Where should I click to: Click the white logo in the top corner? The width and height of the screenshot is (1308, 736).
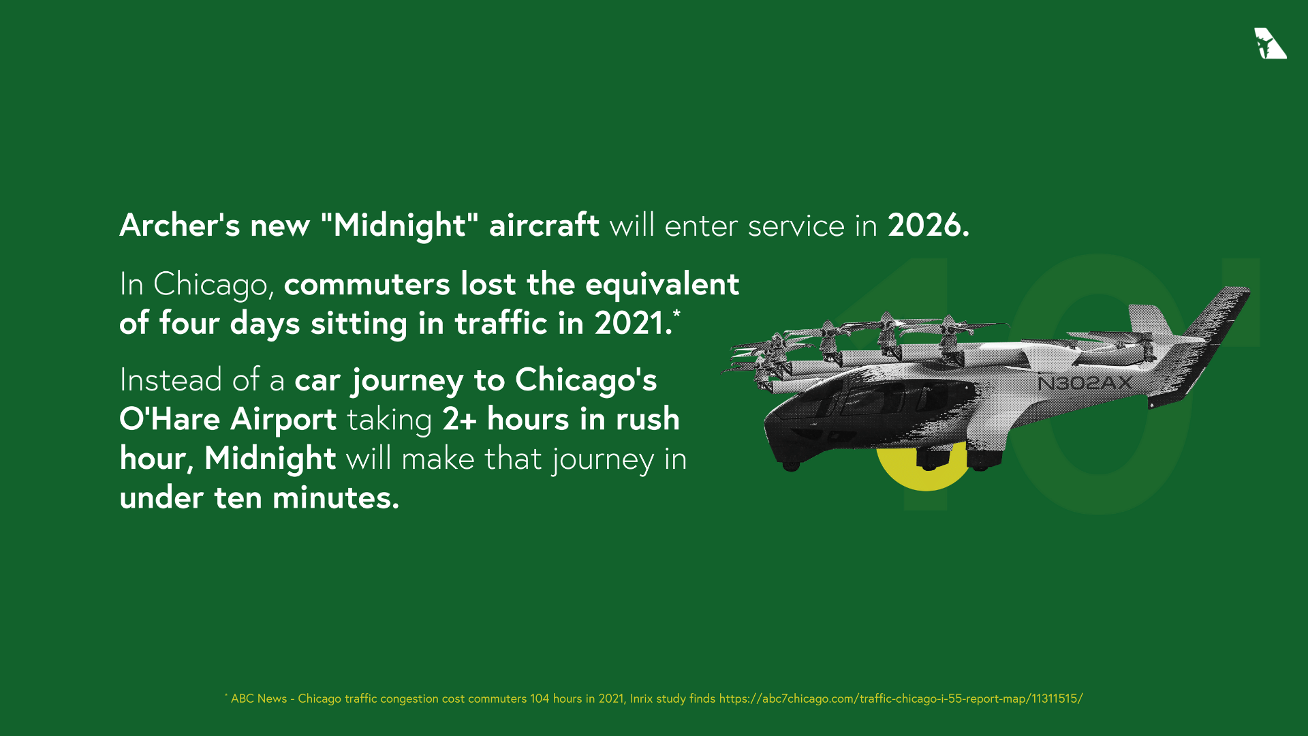pos(1269,44)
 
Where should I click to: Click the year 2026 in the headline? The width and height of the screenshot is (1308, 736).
pos(927,226)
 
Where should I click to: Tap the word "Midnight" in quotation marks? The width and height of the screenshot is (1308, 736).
pos(399,226)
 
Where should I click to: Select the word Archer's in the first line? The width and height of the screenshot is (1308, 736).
pos(180,226)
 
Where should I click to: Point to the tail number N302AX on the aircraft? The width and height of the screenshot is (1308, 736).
pos(1085,384)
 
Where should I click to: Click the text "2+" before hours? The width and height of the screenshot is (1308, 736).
pos(459,419)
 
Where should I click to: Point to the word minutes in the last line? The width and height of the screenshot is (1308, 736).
pos(335,498)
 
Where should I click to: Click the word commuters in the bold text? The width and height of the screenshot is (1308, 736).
pos(367,284)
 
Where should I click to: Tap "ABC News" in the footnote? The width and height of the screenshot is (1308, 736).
pos(259,699)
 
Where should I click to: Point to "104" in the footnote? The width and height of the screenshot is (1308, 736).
pos(540,699)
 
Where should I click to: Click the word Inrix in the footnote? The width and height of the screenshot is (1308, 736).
pos(641,699)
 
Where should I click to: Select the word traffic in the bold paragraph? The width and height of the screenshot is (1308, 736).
pos(501,323)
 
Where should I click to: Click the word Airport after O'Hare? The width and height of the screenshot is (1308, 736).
pos(283,419)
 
